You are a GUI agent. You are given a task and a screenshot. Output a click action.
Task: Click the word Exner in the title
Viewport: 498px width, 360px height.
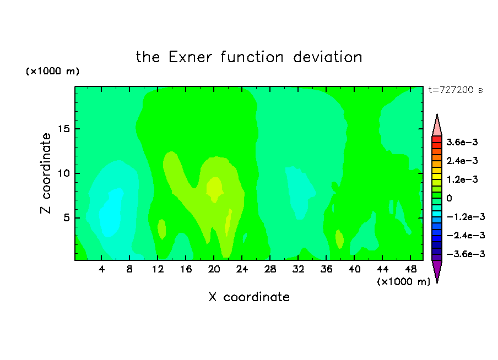(190, 57)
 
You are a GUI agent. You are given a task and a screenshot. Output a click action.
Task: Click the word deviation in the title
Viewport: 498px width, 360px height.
(327, 57)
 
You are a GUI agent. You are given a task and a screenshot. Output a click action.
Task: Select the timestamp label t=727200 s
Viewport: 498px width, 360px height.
(456, 90)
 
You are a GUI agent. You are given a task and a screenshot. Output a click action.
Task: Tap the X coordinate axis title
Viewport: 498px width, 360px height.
(249, 297)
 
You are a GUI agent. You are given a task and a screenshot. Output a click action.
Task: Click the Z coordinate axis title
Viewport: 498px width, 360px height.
(46, 173)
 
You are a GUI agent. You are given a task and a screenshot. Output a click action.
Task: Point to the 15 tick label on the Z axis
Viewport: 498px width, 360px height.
(63, 129)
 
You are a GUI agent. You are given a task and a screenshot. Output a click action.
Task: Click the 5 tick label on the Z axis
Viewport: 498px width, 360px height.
(66, 218)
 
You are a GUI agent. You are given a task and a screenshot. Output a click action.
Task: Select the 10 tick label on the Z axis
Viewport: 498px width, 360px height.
(63, 173)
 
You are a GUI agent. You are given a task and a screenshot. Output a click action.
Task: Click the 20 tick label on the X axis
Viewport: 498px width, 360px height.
(214, 269)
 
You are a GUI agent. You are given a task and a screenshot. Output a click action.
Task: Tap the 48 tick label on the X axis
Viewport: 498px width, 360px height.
(410, 269)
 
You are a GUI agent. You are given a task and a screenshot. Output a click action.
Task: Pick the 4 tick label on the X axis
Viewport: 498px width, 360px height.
(101, 269)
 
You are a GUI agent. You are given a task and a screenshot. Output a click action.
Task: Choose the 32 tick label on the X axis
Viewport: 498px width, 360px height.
(298, 269)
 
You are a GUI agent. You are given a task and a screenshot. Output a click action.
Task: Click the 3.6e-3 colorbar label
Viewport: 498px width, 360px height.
(462, 142)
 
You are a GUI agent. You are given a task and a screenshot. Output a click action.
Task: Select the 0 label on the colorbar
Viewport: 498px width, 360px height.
(449, 198)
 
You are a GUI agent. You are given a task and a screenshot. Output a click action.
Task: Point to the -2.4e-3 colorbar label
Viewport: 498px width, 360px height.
(465, 235)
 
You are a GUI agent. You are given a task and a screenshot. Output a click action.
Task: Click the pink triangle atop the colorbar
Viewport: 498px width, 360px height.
(437, 127)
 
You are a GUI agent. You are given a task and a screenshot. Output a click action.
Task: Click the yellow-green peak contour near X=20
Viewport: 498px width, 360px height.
(214, 189)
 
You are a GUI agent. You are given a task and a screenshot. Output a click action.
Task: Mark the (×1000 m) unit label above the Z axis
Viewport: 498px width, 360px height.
(53, 71)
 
